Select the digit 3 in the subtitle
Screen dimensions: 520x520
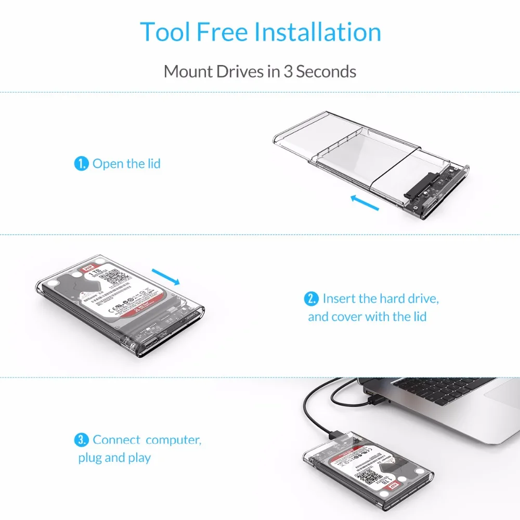288,71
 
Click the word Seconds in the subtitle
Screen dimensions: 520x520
327,71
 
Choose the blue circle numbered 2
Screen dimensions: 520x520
311,299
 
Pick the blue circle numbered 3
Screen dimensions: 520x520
82,440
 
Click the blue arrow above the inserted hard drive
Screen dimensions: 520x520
166,276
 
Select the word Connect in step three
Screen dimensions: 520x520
116,440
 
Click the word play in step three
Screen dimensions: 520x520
139,458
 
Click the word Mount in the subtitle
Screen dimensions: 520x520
186,71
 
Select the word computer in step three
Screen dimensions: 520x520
173,440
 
